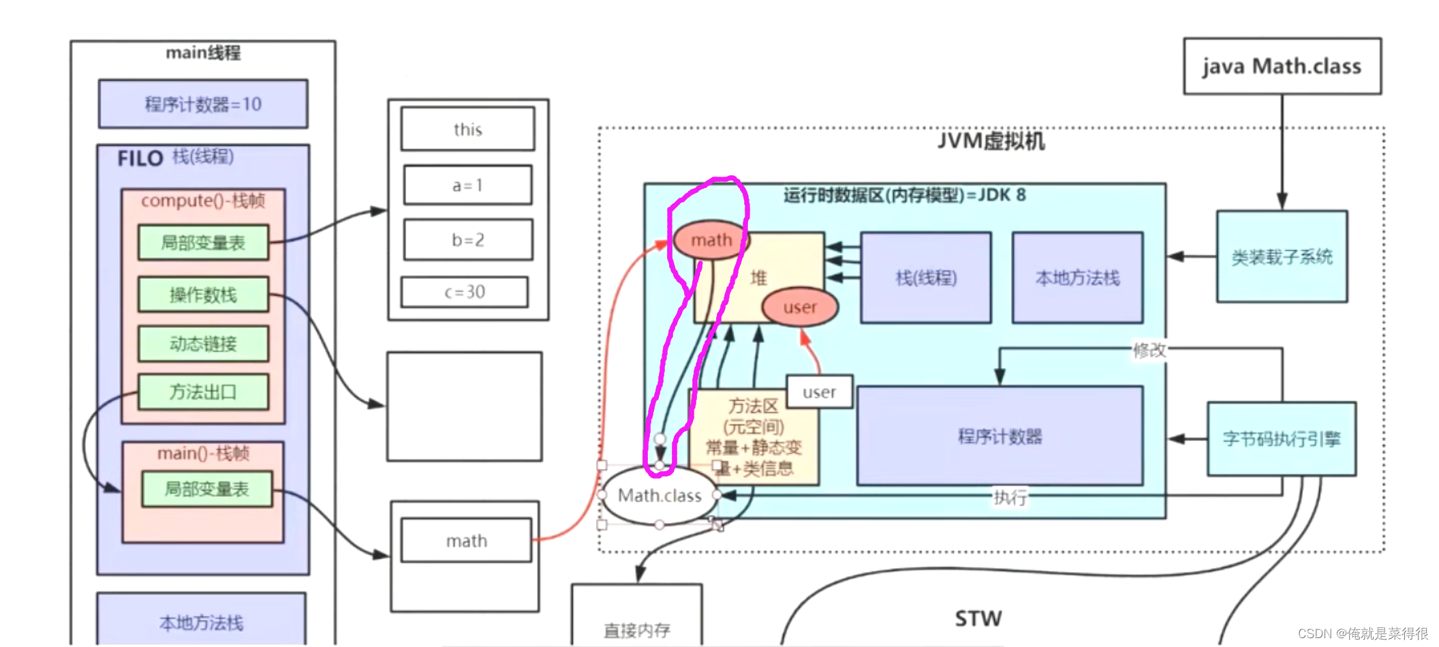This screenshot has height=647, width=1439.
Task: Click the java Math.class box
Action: (x=1282, y=66)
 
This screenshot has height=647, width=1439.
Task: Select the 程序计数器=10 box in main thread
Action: (x=203, y=104)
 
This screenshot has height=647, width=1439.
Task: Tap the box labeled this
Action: (x=467, y=129)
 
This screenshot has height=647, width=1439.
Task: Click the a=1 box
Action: (x=467, y=185)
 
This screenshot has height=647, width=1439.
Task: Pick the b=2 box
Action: (x=467, y=239)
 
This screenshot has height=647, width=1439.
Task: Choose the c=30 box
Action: (x=465, y=292)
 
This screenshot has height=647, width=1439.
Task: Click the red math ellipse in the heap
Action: (x=711, y=240)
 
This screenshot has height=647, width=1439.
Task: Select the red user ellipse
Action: (x=800, y=307)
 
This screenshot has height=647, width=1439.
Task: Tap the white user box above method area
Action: (x=819, y=392)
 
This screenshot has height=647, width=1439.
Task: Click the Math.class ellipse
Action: (x=659, y=496)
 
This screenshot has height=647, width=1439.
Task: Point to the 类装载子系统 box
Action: (x=1282, y=256)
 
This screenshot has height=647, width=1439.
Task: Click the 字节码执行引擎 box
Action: (x=1282, y=438)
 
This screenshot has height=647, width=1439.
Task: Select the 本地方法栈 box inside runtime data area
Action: (x=1077, y=277)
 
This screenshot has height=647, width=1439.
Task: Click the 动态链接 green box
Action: (x=203, y=344)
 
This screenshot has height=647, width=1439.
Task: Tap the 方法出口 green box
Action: (x=203, y=392)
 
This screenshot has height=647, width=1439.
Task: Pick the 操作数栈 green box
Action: (x=203, y=295)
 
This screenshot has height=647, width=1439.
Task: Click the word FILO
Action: (x=140, y=159)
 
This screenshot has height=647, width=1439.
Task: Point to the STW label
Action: (x=978, y=618)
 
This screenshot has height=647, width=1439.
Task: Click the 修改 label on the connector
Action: (x=1149, y=350)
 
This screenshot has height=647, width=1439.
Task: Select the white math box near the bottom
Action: (x=466, y=541)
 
